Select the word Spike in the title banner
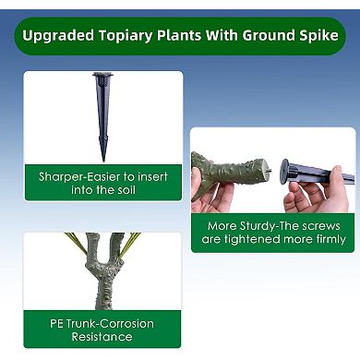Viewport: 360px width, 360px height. [x=316, y=37]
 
